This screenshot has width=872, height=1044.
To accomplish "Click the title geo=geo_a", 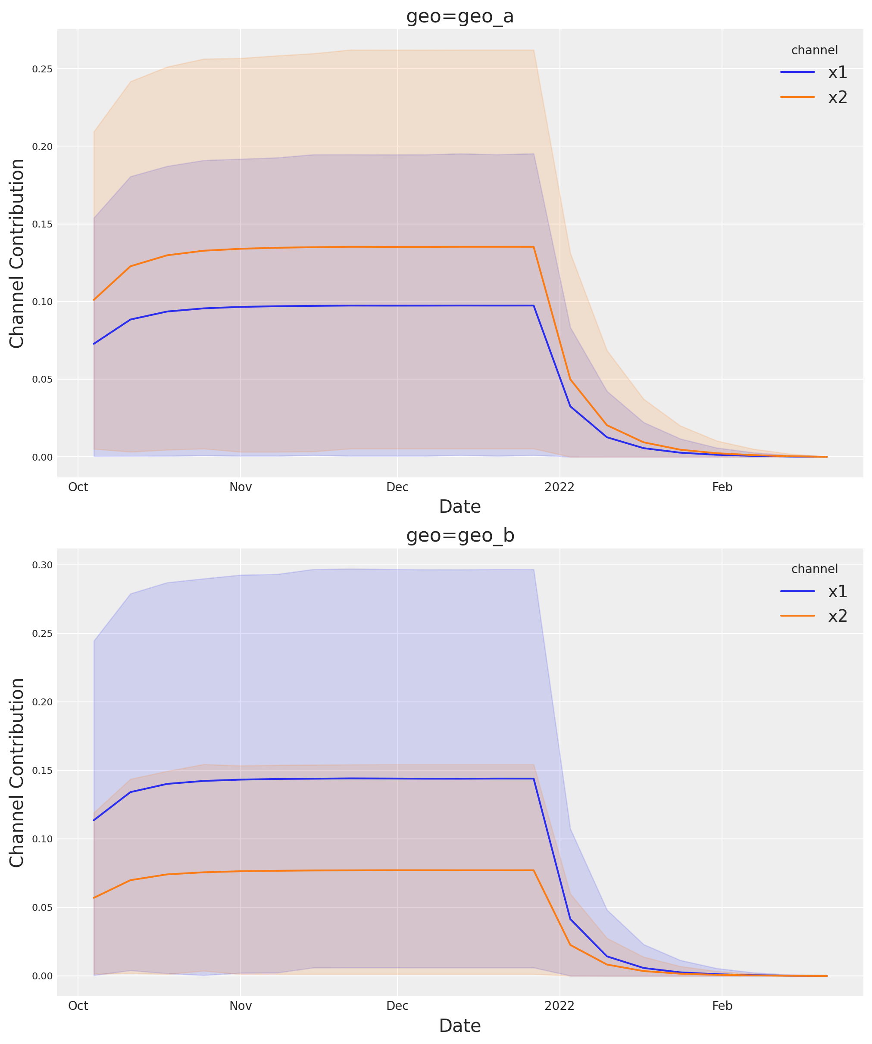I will [459, 16].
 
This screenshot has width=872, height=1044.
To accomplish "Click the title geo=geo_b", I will [459, 536].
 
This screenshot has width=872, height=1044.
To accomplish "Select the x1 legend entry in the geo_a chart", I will [837, 72].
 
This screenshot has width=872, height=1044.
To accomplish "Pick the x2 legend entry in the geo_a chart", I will [837, 97].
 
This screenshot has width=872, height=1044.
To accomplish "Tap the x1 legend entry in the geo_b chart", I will [837, 592].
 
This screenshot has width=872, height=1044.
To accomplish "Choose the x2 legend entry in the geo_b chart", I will [837, 617].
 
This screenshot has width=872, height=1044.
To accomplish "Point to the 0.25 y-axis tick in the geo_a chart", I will [42, 69].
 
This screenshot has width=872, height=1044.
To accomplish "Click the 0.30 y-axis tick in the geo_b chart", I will [42, 565].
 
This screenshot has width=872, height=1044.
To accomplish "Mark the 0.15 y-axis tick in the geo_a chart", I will [42, 224].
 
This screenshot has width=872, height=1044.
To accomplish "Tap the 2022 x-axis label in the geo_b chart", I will [559, 1006].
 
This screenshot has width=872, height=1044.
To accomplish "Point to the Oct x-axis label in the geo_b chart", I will [78, 1006].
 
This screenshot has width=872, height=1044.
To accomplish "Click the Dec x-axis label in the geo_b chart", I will [397, 1006].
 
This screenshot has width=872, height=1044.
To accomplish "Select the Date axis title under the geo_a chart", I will [459, 507].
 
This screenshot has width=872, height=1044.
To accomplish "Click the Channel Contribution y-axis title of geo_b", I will [17, 773].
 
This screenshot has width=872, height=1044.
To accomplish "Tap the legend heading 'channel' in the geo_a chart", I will [814, 50].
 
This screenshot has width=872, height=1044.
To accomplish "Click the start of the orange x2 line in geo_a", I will [94, 300].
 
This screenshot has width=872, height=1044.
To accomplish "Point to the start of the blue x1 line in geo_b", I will [94, 820].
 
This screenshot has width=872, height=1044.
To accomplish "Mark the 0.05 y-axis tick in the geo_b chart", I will [42, 907].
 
